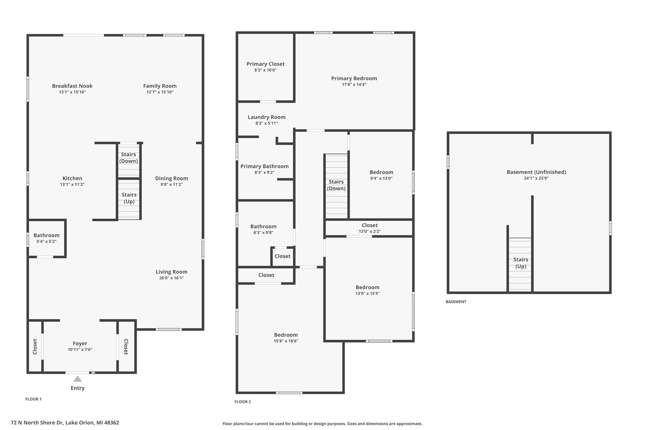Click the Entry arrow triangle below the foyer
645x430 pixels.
point(77,379)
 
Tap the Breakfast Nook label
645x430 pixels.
point(72,86)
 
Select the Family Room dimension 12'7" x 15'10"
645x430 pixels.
point(160,92)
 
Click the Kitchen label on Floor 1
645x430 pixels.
point(72,178)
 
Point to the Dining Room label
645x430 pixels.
point(172,178)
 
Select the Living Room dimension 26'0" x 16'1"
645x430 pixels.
point(172,278)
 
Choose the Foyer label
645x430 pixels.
point(80,343)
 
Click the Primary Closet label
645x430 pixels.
point(265,64)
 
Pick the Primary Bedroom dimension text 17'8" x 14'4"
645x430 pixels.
point(354,85)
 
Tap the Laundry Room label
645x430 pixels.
point(266,117)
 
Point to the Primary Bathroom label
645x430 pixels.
point(265,166)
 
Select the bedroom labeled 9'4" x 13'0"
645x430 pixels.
point(381,175)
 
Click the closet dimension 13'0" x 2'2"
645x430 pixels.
point(370,232)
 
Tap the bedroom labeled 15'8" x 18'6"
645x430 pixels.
point(286,338)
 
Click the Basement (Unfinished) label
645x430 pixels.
point(536,172)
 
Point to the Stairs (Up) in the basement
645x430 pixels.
point(521,263)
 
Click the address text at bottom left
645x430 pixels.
point(65,423)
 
